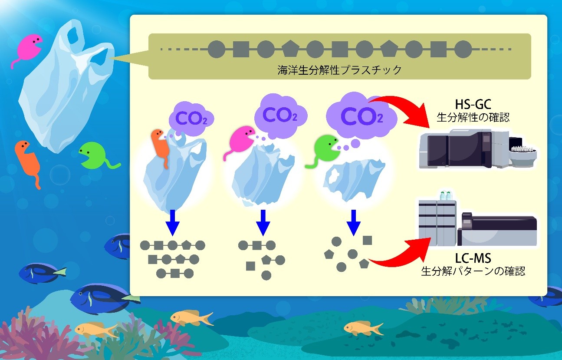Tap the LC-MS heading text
(473, 259)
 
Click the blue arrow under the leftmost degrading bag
(173, 222)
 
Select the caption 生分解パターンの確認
(473, 272)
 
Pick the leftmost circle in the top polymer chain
(216, 50)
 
